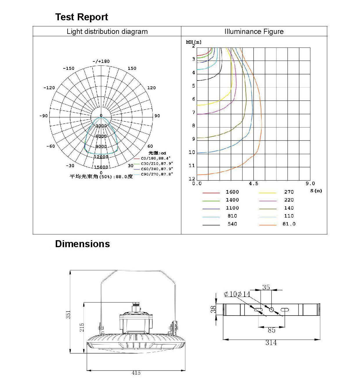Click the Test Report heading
(x=82, y=17)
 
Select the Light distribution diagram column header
(x=107, y=32)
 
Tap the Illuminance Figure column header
(x=254, y=32)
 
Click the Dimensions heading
(x=82, y=244)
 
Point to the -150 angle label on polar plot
(x=68, y=68)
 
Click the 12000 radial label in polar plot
(x=101, y=157)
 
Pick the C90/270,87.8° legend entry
(x=157, y=174)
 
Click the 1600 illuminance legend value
(x=232, y=192)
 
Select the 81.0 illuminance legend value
(x=289, y=224)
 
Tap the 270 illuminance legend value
(x=289, y=192)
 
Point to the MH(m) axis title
(x=193, y=42)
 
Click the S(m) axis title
(x=316, y=191)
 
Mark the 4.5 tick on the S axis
(x=254, y=184)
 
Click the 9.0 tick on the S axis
(x=310, y=184)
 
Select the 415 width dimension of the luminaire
(x=136, y=373)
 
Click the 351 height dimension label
(x=68, y=315)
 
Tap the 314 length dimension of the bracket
(x=271, y=343)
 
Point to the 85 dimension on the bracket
(x=271, y=330)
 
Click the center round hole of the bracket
(x=272, y=310)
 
